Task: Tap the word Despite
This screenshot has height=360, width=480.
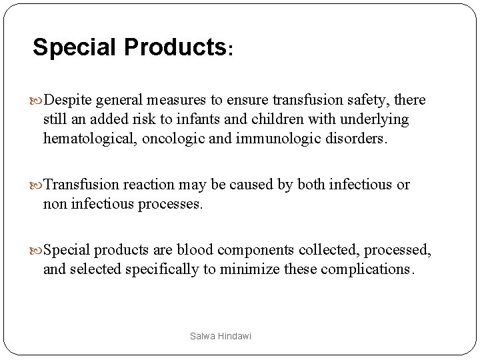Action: point(70,101)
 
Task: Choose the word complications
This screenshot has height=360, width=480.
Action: point(359,269)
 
